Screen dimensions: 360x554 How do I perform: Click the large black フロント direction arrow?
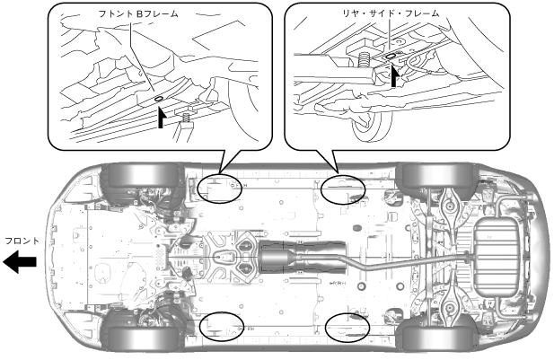coord(20,261)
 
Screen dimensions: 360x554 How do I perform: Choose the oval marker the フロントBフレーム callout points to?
coord(220,187)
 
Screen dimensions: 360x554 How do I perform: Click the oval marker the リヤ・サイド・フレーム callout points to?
coord(344,187)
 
